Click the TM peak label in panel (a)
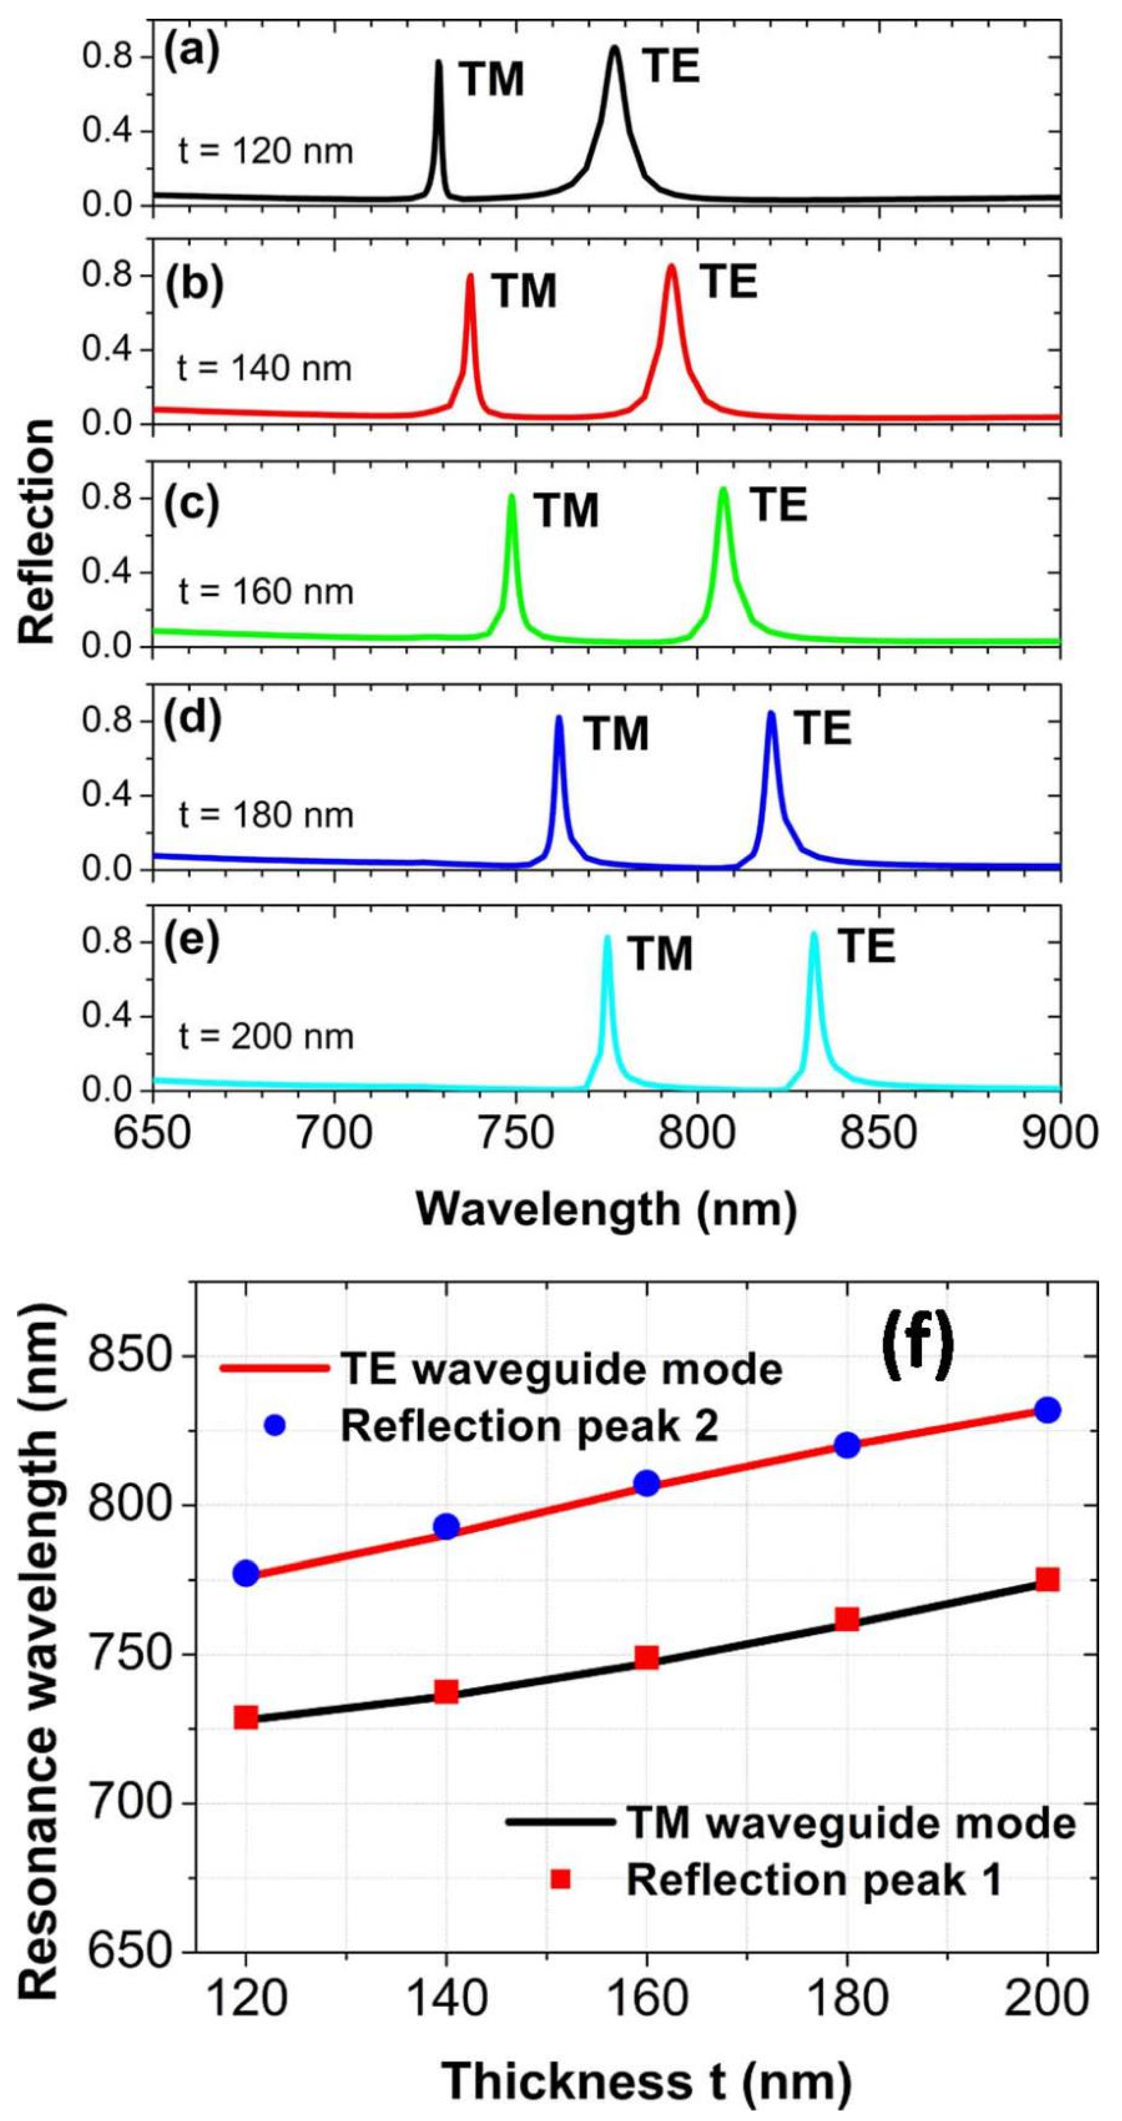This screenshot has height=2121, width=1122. pos(491,80)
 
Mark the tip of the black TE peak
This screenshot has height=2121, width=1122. pos(614,48)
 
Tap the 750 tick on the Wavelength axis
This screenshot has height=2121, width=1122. pos(516,1135)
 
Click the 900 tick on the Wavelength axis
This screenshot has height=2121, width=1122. pos(1059,1135)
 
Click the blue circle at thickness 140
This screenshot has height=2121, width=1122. pos(446,1527)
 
